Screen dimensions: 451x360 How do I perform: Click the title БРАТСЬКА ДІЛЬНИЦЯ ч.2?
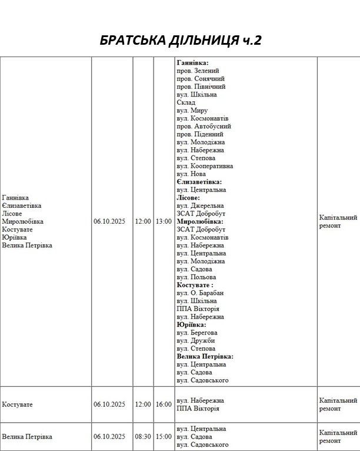click(180, 40)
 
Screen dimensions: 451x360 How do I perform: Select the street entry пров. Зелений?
click(197, 71)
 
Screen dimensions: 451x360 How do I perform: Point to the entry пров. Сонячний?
click(201, 79)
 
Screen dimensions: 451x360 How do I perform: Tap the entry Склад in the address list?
click(186, 102)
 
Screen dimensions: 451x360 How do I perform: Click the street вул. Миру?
click(192, 111)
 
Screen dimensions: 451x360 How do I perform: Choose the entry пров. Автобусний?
click(204, 127)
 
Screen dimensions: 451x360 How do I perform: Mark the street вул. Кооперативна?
click(205, 166)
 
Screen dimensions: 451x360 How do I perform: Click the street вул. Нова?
click(191, 174)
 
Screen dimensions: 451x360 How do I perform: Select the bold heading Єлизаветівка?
click(199, 182)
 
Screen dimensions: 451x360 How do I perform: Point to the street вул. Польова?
click(196, 277)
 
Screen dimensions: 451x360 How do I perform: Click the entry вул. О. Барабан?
click(200, 293)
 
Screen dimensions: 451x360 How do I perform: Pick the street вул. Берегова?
click(196, 333)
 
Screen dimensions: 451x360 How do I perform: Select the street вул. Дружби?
click(195, 341)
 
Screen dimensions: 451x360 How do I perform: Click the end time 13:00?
click(164, 222)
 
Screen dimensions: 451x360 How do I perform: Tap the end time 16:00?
click(164, 404)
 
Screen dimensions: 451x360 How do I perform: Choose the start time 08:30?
click(143, 437)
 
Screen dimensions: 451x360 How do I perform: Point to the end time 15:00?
click(164, 437)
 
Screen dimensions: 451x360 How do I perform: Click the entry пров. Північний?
click(201, 87)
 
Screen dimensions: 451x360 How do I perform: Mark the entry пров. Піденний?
click(199, 134)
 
